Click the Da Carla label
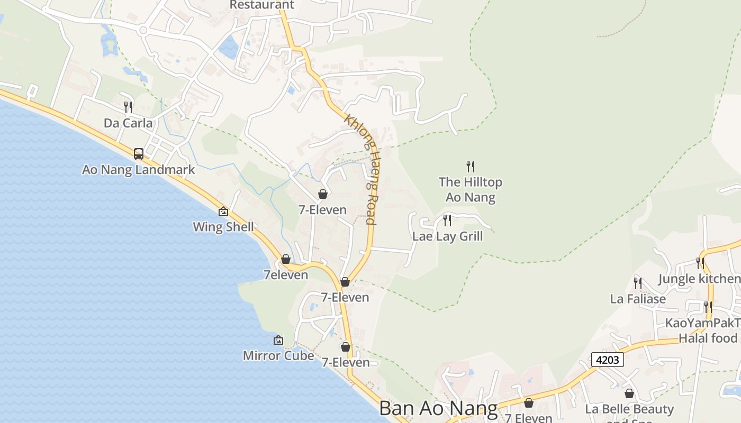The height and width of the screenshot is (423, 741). coord(128,123)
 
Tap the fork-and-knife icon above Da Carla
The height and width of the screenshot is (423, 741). coord(128,107)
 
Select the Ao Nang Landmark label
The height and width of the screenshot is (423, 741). coord(139,170)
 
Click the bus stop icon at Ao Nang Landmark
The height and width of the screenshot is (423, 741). coord(139,154)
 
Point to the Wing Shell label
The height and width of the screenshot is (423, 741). coord(223,227)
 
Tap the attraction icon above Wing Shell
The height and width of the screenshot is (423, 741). coord(223,212)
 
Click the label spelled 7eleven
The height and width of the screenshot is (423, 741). coord(286,275)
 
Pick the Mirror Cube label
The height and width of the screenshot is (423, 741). coord(278,355)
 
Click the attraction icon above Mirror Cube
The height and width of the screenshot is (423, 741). coord(278,340)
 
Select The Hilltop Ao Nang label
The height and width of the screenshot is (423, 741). coord(471,189)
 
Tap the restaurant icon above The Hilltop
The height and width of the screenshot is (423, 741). coord(471,167)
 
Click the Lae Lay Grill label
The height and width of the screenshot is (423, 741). coord(448,236)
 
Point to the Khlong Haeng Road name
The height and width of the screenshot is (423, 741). coord(361,169)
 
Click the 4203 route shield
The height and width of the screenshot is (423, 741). coord(608,360)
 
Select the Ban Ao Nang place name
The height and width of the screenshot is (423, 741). coord(439,409)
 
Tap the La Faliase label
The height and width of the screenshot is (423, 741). coord(638,299)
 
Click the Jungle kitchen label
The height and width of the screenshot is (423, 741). coord(699,279)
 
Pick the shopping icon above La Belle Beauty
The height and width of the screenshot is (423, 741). coord(629,393)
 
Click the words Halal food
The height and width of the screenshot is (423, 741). coord(708,338)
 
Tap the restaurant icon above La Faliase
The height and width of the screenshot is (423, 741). coord(638,283)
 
